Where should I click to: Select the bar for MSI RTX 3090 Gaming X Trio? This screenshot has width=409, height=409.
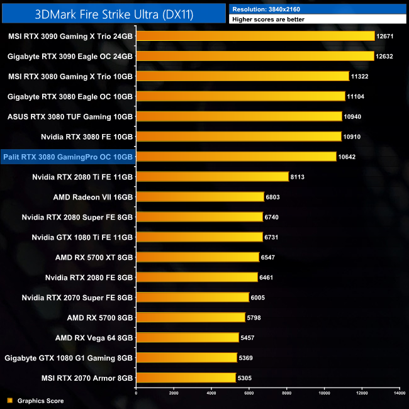coord(255,36)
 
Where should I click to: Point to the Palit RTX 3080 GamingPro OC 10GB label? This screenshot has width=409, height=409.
coord(69,157)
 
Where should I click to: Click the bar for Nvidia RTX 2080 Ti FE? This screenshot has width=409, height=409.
coord(212,177)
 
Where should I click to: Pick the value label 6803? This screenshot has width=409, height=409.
coord(274,197)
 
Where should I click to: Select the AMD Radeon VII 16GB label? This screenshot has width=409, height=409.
coord(93,197)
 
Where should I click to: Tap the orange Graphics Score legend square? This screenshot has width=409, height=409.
coord(9,400)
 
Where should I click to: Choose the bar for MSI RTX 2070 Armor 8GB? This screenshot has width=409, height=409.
coord(186,378)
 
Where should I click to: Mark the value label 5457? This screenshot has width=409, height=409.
coord(249,338)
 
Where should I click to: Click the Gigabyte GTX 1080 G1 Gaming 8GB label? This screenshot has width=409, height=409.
coord(69,357)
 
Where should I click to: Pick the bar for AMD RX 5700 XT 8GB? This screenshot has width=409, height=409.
coord(197,257)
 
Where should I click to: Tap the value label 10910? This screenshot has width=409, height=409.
coord(352,137)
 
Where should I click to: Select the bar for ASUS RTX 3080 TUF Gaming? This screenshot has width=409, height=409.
coord(238,116)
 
